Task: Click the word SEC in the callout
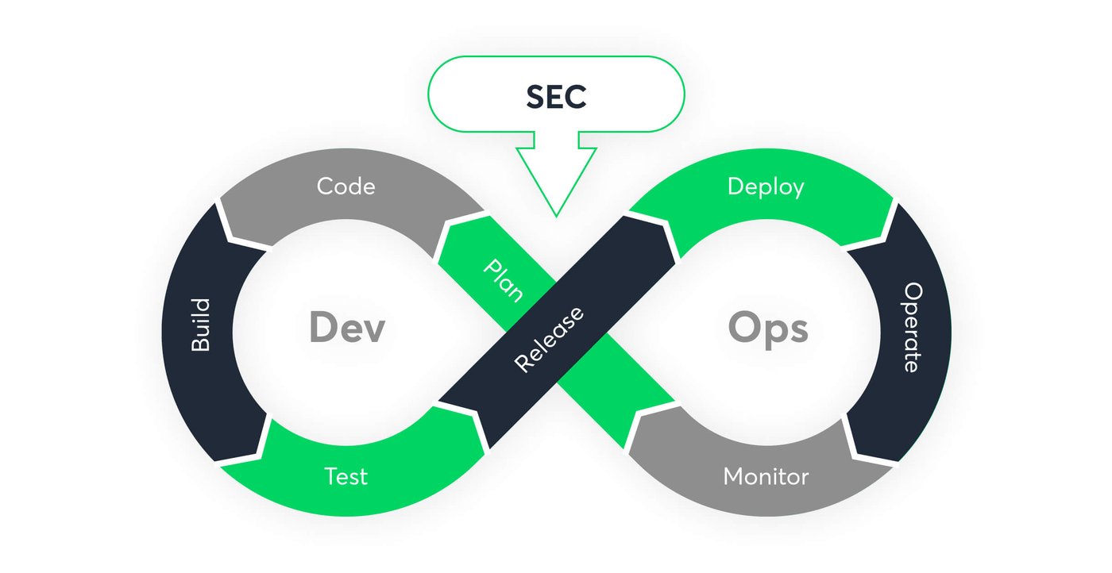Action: (556, 97)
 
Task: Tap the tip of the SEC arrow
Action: (556, 214)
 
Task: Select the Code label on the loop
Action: (346, 187)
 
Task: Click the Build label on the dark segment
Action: (201, 325)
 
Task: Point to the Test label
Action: (346, 477)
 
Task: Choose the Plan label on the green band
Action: (504, 280)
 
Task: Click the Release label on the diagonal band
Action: (549, 339)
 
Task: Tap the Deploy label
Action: (766, 187)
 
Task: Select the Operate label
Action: (912, 327)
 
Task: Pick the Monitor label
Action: (766, 477)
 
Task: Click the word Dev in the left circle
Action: (347, 328)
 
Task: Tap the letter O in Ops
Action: (744, 327)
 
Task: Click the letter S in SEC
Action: (536, 97)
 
